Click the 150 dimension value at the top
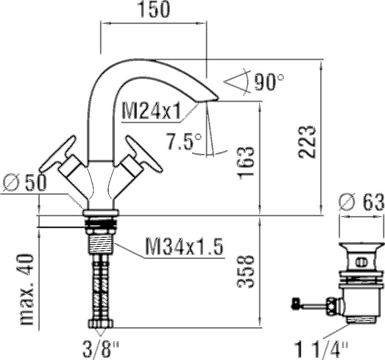pyautogui.click(x=155, y=9)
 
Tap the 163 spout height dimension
pyautogui.click(x=245, y=163)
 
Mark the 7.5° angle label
pyautogui.click(x=184, y=141)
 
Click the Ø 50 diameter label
pyautogui.click(x=25, y=182)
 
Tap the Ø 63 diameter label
pyautogui.click(x=362, y=202)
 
